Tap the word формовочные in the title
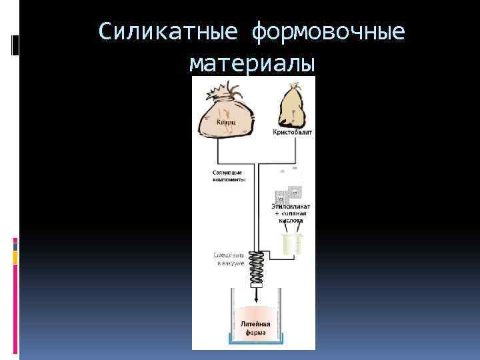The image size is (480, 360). pyautogui.click(x=328, y=31)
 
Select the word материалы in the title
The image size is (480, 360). pyautogui.click(x=252, y=63)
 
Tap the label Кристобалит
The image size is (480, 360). pyautogui.click(x=292, y=133)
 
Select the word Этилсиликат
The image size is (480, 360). pyautogui.click(x=291, y=207)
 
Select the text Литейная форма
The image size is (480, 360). pyautogui.click(x=255, y=328)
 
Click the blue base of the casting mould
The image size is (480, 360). pyautogui.click(x=254, y=342)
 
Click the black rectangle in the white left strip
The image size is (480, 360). pyautogui.click(x=15, y=45)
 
